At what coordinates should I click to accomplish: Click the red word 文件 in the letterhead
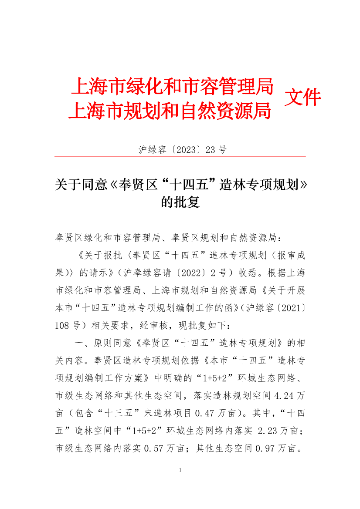[x=302, y=98]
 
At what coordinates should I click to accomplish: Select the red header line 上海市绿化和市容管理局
[x=172, y=86]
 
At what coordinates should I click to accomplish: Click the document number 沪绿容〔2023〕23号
[x=183, y=150]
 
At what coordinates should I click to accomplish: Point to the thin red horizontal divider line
[x=180, y=156]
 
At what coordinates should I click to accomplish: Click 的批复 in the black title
[x=180, y=202]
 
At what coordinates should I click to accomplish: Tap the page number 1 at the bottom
[x=180, y=471]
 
